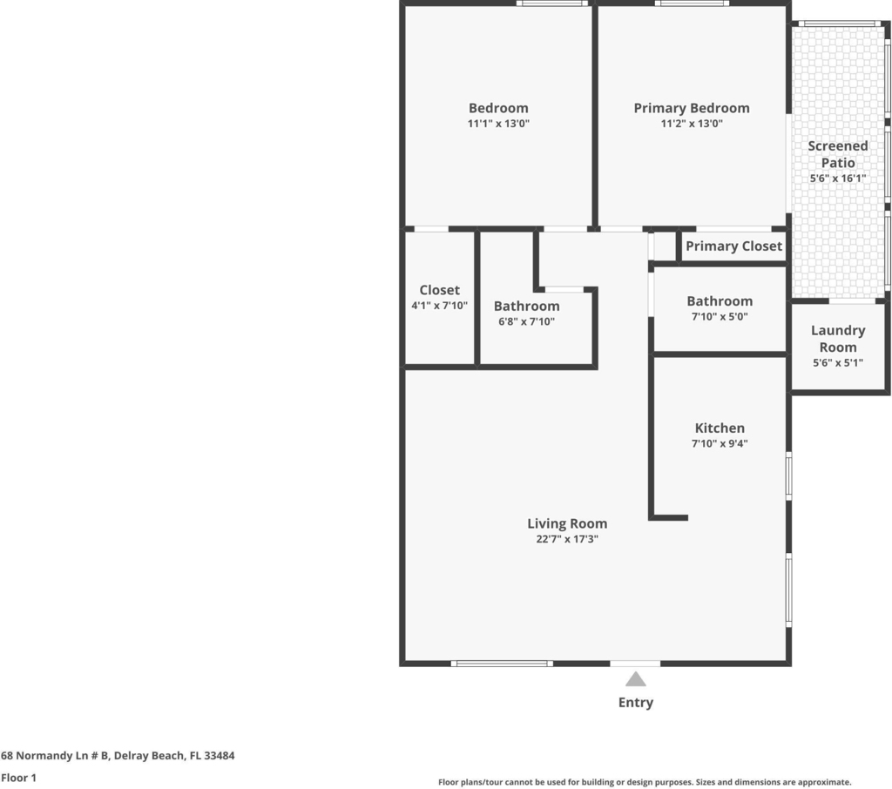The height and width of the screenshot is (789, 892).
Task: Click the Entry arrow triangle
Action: coord(635,680)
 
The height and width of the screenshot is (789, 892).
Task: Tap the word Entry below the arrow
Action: coord(635,703)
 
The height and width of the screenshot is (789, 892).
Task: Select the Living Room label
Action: coord(567,523)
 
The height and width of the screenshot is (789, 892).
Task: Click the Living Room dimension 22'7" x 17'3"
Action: coord(567,539)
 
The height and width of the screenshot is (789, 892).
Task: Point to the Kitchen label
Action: coord(720,428)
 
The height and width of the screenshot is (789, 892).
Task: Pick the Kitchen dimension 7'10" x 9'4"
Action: coord(720,444)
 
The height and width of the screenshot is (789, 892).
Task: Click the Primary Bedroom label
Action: coord(692,108)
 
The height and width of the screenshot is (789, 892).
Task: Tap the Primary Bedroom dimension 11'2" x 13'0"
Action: coord(692,124)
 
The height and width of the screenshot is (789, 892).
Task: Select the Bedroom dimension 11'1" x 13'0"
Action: coord(498,124)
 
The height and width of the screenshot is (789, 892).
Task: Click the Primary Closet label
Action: coord(733,246)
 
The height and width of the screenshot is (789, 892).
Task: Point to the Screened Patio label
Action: coord(838,154)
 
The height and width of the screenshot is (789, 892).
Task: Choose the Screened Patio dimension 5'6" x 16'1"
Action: coord(838,179)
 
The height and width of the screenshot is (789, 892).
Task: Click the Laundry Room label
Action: coord(838,339)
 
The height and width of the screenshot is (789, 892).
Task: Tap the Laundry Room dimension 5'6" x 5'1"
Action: coord(838,363)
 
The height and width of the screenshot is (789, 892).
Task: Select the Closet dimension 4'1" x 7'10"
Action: coord(440,306)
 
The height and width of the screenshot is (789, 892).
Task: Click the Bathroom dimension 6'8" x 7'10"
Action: coord(527,321)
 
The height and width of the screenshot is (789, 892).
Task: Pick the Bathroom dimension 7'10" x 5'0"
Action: coord(720,317)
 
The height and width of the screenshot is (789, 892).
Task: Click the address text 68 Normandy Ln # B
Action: coord(55,755)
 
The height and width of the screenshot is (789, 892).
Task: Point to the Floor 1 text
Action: coord(19,778)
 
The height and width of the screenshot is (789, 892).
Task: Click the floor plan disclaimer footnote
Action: coord(645,782)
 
